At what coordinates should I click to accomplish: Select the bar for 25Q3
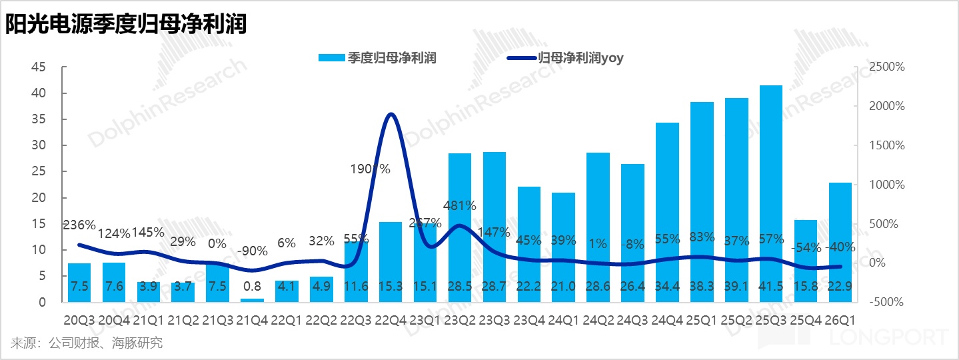click(x=771, y=193)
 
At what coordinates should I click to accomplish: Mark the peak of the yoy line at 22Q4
click(x=391, y=114)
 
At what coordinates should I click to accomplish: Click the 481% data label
click(x=461, y=206)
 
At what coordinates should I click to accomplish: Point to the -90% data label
click(x=253, y=251)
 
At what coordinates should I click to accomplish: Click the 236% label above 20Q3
click(x=79, y=225)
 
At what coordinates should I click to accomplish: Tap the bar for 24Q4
click(x=667, y=212)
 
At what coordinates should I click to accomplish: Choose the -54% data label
click(x=806, y=248)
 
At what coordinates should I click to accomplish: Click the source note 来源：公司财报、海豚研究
click(x=87, y=343)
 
